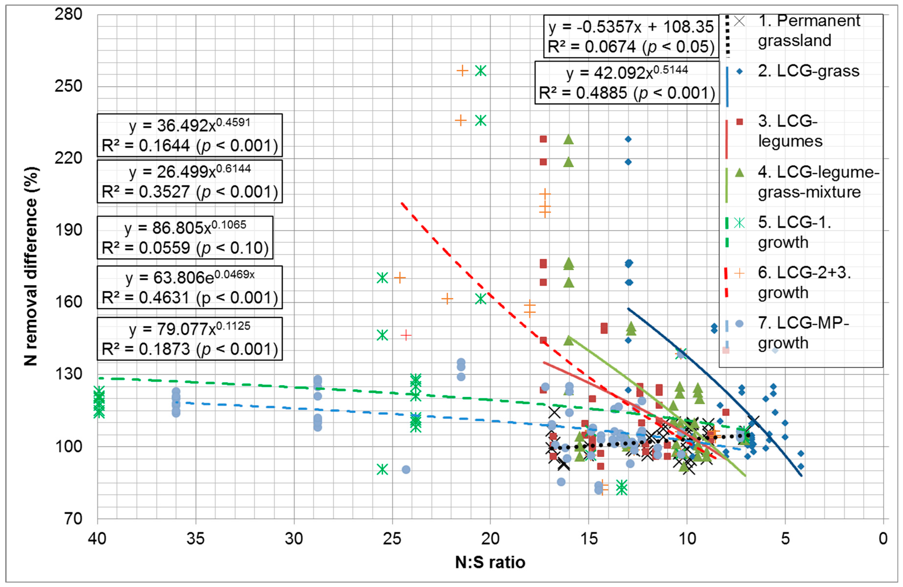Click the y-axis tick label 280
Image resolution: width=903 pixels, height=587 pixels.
click(x=68, y=14)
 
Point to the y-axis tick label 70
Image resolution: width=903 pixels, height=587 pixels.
click(x=73, y=519)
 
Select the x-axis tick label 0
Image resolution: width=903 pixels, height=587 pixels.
click(x=883, y=538)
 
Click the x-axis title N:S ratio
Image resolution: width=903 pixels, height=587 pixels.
click(x=490, y=562)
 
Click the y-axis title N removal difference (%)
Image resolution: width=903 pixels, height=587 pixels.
click(x=31, y=266)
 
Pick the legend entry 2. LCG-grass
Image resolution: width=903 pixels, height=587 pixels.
click(x=808, y=71)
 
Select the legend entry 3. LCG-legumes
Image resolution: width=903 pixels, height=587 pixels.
click(x=789, y=131)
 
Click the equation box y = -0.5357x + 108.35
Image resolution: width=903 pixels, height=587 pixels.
click(x=631, y=36)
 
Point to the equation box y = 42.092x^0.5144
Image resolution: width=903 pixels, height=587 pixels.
click(x=627, y=83)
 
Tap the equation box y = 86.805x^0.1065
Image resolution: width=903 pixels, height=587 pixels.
click(x=185, y=238)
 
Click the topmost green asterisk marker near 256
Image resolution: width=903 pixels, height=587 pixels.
click(x=481, y=71)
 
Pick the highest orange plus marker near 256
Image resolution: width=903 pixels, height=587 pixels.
click(x=462, y=71)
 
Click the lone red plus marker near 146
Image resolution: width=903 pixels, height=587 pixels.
click(x=406, y=335)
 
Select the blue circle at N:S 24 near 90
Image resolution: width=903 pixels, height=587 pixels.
click(x=406, y=470)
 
